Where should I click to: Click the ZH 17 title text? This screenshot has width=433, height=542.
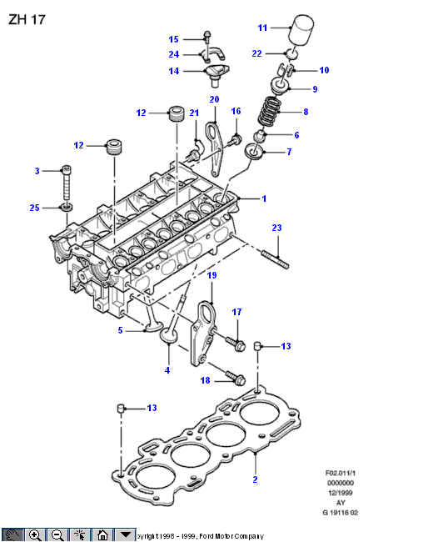coord(27,19)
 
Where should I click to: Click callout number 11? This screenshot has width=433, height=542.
coord(262,28)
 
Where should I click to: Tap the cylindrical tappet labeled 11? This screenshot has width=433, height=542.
coord(301,29)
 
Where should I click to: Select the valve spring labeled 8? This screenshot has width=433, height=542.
coord(270,111)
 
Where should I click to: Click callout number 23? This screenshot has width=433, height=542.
coord(276,228)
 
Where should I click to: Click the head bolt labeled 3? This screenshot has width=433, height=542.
coord(66,183)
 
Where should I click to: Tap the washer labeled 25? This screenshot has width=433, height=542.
coord(67,208)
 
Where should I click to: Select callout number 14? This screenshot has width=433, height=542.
coord(174,71)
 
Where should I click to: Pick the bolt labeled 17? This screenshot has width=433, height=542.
coord(236,343)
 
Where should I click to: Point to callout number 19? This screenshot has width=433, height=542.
coord(212,275)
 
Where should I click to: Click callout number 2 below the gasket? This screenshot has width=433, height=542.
coord(255,479)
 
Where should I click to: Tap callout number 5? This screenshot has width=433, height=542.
coord(120,330)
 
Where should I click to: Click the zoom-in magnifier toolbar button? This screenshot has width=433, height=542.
coord(35,535)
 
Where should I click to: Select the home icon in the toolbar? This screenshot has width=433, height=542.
coord(102,535)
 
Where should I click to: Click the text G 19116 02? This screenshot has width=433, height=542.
coord(341,513)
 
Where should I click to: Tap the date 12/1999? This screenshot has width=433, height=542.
coord(341,493)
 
